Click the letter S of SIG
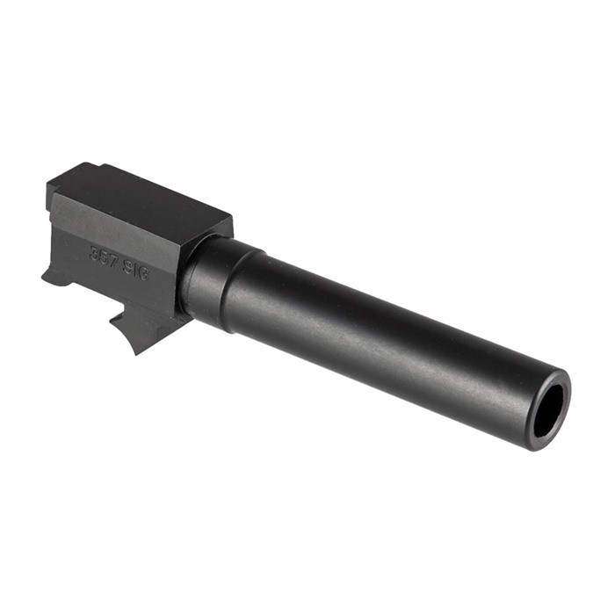[x=128, y=264]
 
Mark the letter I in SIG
[x=136, y=268]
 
